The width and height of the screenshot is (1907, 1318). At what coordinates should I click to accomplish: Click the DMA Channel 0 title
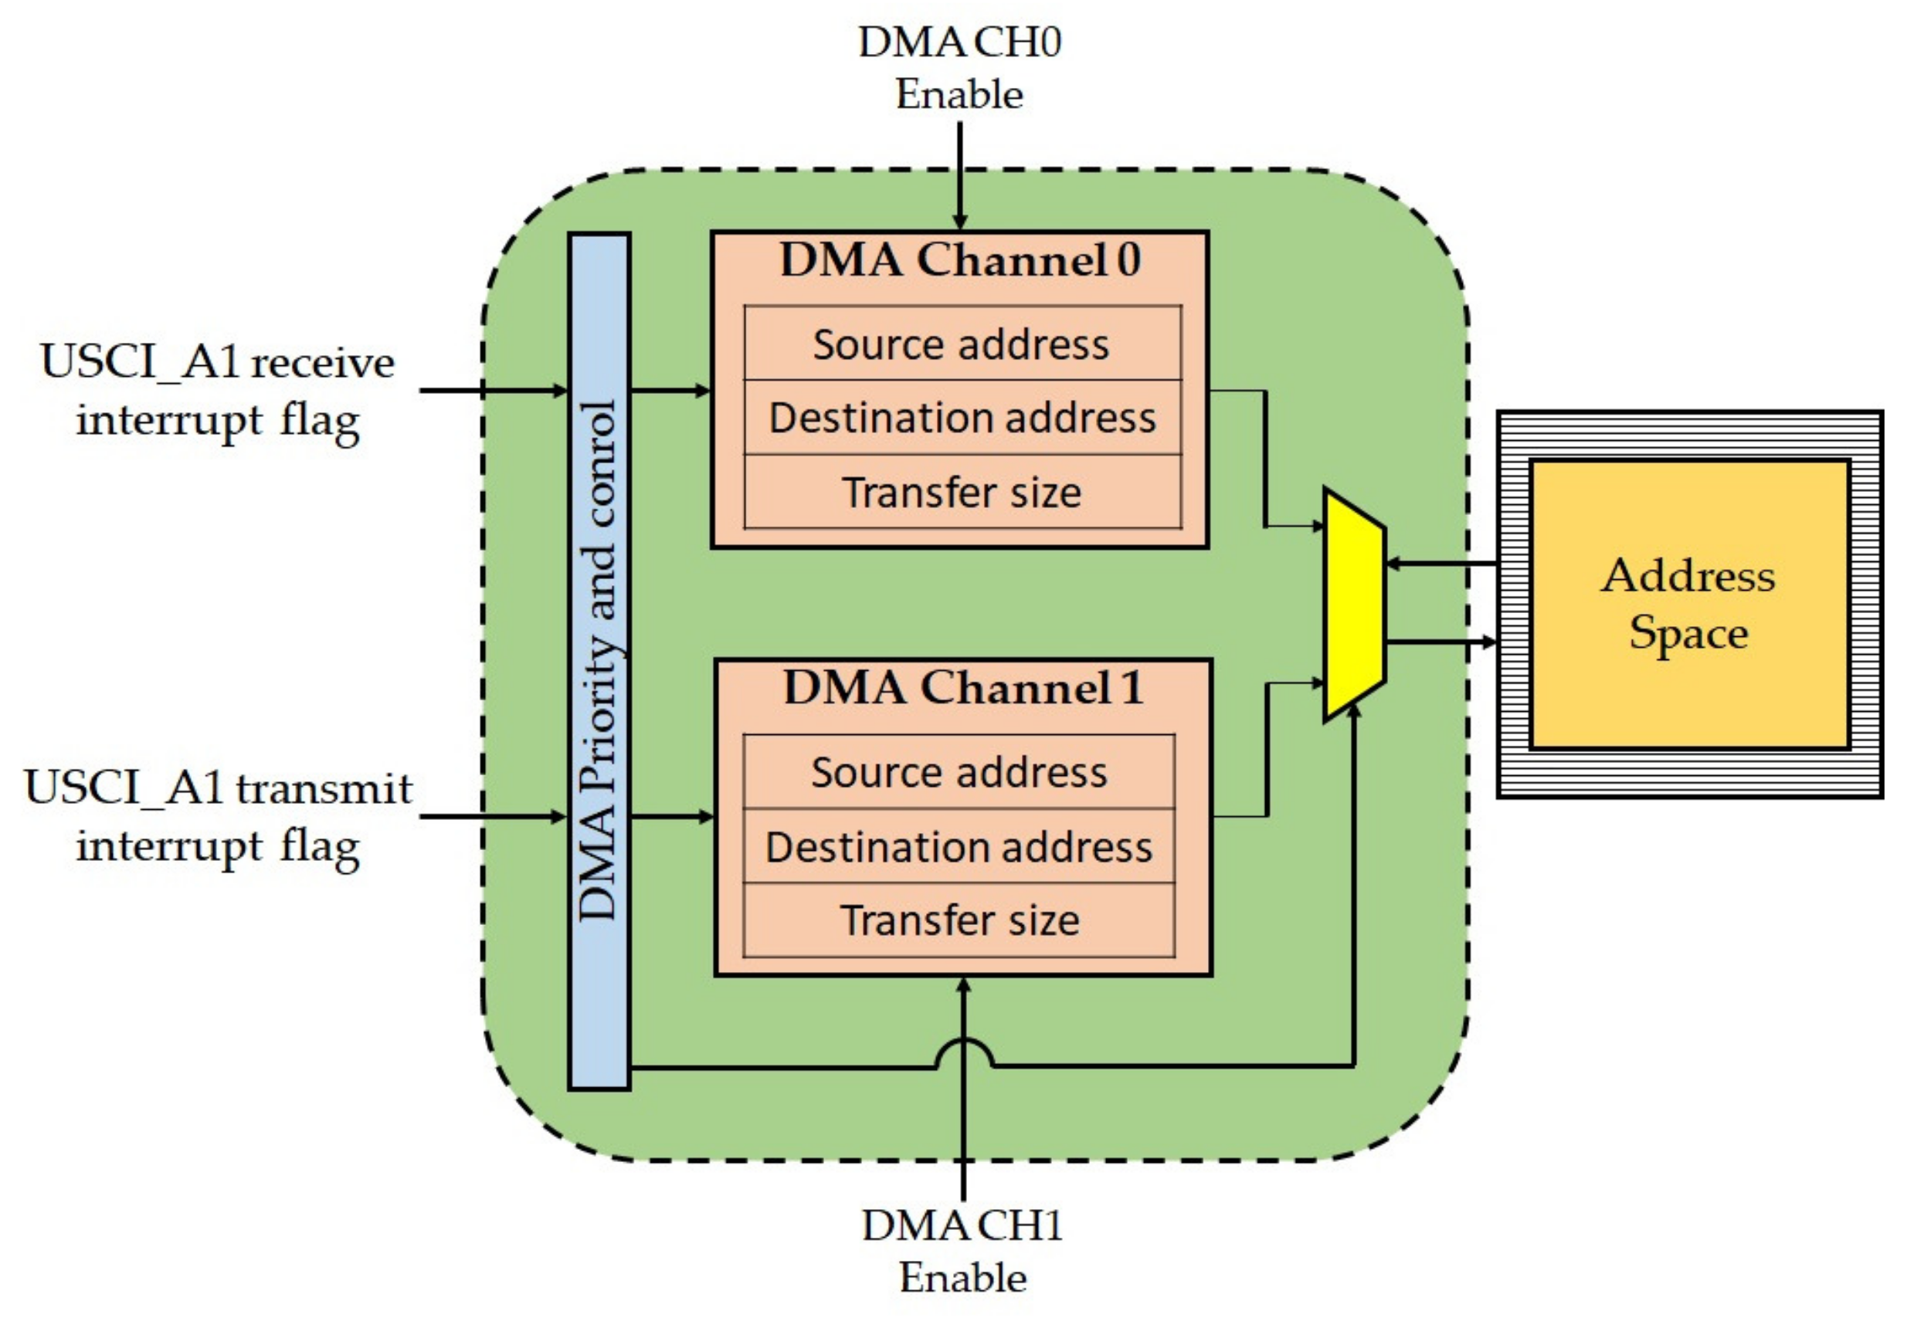click(960, 260)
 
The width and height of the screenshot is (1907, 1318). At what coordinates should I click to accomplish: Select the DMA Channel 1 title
click(963, 687)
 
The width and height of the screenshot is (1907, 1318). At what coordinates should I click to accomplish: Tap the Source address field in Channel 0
click(962, 344)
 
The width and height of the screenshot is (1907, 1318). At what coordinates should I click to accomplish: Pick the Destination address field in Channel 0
click(962, 417)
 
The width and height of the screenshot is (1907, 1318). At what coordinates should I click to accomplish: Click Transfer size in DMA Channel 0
click(962, 491)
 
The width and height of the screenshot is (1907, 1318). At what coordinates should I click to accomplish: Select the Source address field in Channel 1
click(959, 771)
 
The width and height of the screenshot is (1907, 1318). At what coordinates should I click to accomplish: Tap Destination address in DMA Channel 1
click(959, 845)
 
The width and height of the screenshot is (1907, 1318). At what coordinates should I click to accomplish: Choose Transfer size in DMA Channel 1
click(959, 920)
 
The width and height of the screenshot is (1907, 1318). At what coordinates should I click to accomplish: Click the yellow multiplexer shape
click(1355, 605)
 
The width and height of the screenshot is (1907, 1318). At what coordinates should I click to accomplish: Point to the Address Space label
click(1688, 605)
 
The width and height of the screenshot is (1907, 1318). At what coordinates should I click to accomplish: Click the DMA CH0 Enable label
click(960, 68)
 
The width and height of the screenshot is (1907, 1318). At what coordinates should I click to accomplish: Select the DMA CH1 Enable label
click(963, 1250)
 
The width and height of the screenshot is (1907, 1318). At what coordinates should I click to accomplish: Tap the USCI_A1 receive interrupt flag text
click(218, 391)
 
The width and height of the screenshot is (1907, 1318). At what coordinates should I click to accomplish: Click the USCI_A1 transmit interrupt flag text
click(218, 817)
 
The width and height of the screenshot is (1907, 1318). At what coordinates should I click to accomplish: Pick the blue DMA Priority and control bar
click(599, 662)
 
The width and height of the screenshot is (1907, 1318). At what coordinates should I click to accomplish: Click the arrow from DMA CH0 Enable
click(960, 175)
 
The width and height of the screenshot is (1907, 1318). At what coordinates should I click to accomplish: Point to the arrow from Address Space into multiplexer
click(1441, 564)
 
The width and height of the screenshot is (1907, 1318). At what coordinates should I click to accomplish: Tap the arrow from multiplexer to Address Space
click(1441, 641)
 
